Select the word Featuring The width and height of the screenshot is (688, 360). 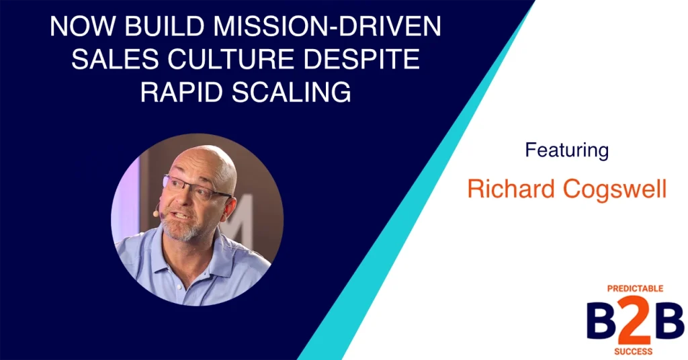pos(566,150)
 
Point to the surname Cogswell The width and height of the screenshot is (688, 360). pos(614,189)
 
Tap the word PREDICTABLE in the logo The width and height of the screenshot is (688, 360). pos(635,289)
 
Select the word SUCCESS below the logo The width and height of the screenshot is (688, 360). pos(632,351)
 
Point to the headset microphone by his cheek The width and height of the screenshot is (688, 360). pos(156,214)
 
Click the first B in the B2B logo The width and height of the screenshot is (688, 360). pos(598,320)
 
